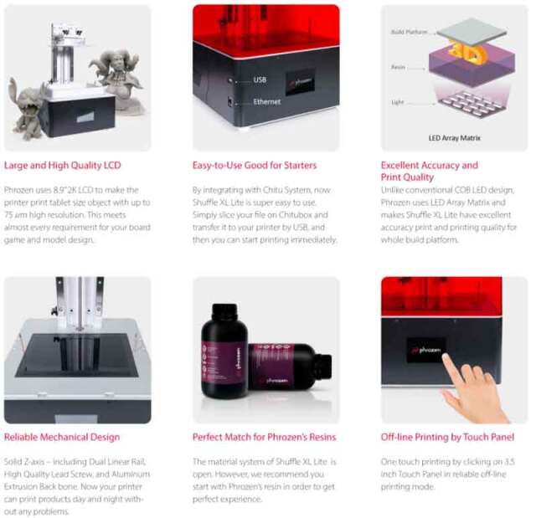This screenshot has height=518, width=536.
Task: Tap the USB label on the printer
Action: pos(260,80)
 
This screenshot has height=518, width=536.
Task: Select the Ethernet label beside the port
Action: pos(267,102)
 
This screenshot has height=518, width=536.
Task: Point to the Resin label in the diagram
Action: pos(399,67)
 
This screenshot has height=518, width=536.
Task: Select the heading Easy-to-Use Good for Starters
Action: pos(255,166)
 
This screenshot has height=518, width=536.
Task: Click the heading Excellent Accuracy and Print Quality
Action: pos(430,172)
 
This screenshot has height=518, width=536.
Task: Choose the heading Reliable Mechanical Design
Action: pos(62,437)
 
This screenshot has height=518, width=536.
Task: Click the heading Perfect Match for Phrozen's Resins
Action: pos(264,437)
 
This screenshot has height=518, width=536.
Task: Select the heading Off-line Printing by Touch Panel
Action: pos(447,437)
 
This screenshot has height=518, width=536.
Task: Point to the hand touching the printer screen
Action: pos(473,389)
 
